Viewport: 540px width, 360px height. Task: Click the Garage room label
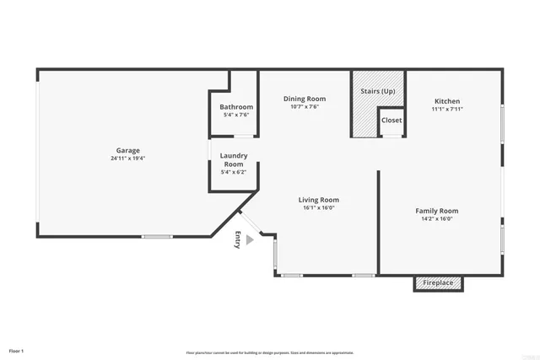(127, 150)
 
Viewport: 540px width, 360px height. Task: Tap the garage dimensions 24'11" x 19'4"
(127, 159)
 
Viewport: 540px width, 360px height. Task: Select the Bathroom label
(236, 107)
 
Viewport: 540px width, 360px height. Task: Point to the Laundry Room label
(233, 159)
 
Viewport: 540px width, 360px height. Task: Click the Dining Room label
(304, 99)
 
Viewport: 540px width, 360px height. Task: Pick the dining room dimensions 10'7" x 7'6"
(304, 107)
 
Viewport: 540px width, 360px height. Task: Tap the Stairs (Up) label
(377, 90)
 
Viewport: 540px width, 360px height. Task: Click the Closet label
(391, 121)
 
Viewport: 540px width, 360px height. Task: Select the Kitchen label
(447, 100)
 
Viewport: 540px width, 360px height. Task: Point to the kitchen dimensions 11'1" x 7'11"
(447, 109)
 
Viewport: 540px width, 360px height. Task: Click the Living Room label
(319, 200)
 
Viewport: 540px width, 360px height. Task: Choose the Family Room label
(436, 211)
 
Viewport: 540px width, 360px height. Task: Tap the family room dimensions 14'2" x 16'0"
(436, 219)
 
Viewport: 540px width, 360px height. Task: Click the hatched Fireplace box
(438, 283)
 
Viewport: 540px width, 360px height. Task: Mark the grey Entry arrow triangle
(249, 240)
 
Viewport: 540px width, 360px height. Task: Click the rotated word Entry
(239, 240)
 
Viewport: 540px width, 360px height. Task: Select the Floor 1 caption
(16, 350)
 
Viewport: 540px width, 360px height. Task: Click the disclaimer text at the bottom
(269, 352)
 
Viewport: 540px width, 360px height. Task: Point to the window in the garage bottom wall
(157, 237)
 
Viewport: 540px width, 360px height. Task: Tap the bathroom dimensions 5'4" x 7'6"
(236, 116)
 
